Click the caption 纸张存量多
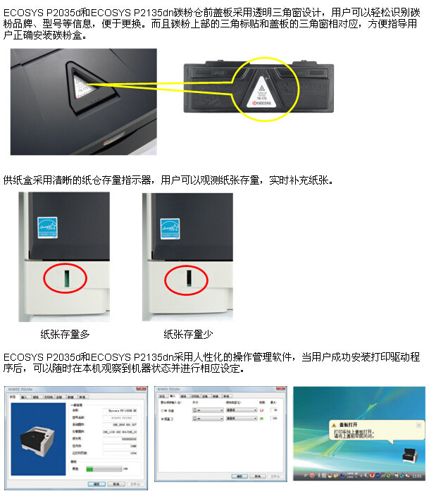[65, 334]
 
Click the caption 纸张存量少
[188, 334]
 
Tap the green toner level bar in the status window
[94, 468]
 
